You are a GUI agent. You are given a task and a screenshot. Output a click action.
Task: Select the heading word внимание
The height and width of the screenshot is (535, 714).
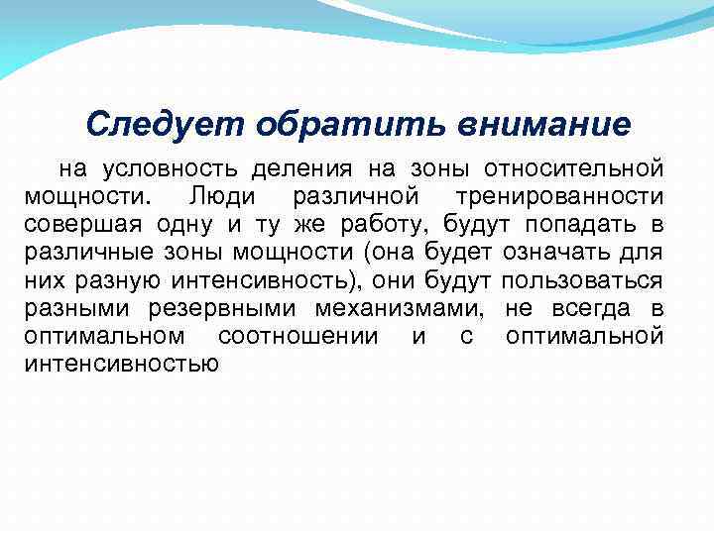click(544, 125)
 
